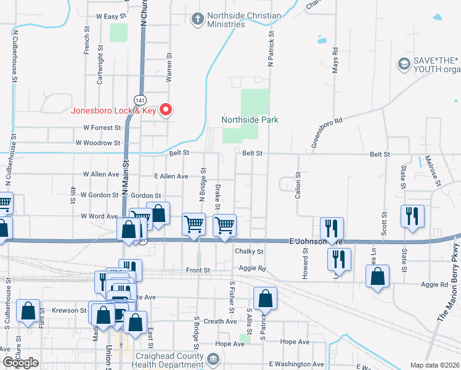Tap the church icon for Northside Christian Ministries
(x=198, y=19)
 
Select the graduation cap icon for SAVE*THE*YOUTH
(x=404, y=64)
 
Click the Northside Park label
(x=250, y=120)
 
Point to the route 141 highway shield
(x=139, y=99)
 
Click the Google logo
(x=20, y=363)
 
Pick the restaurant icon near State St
(x=412, y=216)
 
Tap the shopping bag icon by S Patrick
(x=265, y=298)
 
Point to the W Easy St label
(x=112, y=16)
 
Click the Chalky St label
(x=249, y=252)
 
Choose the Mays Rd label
(x=335, y=60)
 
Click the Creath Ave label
(x=220, y=321)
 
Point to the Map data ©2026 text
(x=434, y=365)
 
